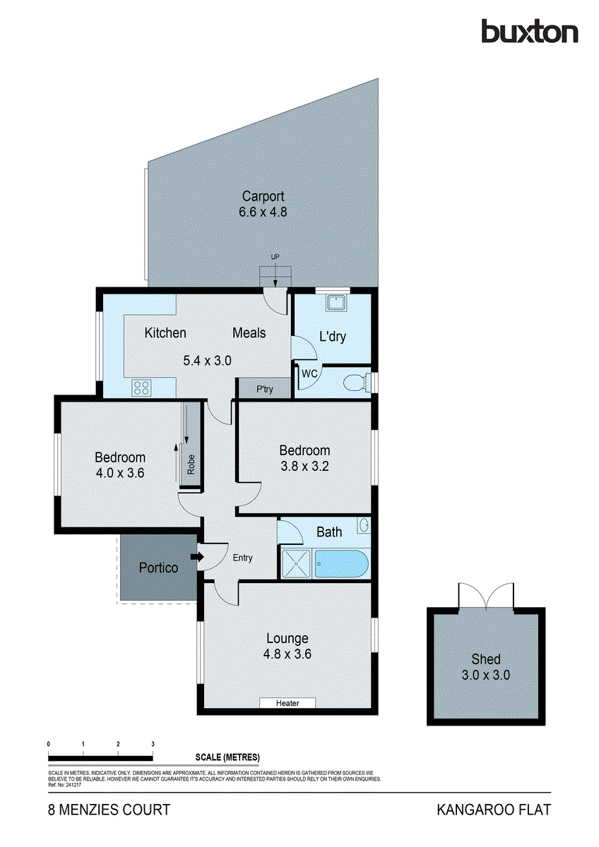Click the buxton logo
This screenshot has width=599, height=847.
[x=529, y=32]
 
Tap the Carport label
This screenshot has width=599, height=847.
[x=263, y=197]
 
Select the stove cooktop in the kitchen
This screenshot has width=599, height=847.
[x=141, y=387]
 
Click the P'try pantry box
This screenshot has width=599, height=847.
[x=264, y=389]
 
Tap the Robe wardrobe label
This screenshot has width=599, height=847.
[x=191, y=462]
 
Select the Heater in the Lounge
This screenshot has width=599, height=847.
[x=287, y=703]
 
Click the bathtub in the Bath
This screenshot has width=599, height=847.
[x=342, y=565]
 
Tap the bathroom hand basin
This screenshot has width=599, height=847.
[x=364, y=526]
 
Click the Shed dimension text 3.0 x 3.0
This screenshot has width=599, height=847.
[x=486, y=675]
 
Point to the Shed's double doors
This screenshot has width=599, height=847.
[x=486, y=596]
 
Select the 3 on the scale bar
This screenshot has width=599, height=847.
[x=153, y=745]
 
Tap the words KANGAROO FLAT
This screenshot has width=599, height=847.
[x=493, y=810]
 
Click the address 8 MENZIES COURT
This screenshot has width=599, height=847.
[x=109, y=810]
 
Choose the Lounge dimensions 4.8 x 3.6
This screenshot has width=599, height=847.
[x=287, y=654]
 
